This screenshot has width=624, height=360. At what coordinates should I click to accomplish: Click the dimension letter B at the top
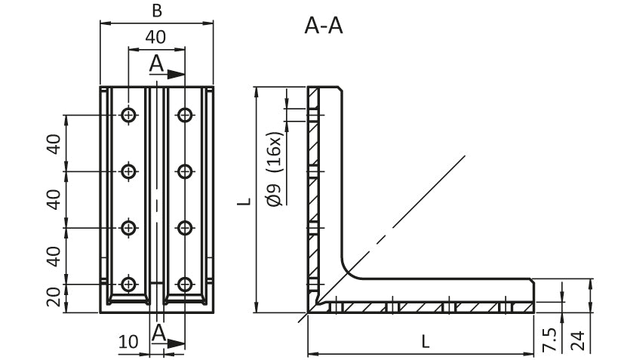(157, 10)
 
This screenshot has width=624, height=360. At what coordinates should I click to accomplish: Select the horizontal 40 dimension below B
(156, 37)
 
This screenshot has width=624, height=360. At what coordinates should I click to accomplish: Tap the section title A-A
(324, 26)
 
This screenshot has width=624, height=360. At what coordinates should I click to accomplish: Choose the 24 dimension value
(578, 340)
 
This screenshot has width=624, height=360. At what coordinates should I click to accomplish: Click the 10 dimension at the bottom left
(128, 342)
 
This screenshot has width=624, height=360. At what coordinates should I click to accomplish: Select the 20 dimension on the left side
(54, 298)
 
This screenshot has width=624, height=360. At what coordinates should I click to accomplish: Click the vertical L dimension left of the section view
(243, 201)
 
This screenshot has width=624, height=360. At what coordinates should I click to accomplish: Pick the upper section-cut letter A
(156, 63)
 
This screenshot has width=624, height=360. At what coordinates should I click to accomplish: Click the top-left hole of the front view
(129, 115)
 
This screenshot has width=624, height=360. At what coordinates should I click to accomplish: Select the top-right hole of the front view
(184, 115)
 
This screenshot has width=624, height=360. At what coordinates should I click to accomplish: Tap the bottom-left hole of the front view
(129, 284)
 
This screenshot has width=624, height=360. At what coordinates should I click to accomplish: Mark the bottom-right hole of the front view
(184, 284)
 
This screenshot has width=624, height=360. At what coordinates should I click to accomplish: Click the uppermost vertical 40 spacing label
(54, 143)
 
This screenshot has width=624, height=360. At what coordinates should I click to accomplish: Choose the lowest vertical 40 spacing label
(54, 256)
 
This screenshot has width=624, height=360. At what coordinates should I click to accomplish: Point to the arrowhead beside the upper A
(177, 74)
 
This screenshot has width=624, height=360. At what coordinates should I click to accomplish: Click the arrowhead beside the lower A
(177, 343)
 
